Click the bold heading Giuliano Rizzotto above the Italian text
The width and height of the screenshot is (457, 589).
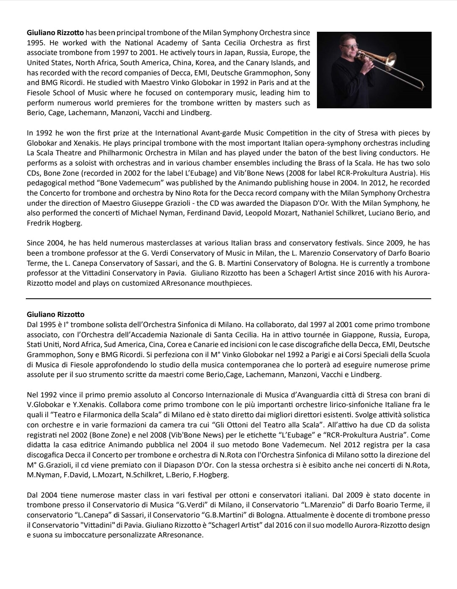coord(55,314)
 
